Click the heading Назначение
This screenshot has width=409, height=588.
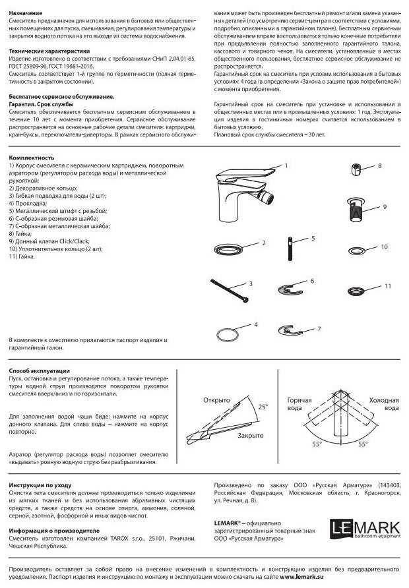coord(26,13)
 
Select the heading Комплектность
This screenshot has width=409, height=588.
coord(31,158)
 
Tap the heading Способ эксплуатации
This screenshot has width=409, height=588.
coord(39,370)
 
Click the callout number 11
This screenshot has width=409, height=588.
coord(387,286)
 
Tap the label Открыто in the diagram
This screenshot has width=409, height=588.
coord(216,400)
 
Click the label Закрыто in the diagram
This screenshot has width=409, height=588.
coord(250,436)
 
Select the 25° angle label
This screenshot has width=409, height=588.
coord(263,407)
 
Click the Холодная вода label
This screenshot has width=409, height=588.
coord(384,404)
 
